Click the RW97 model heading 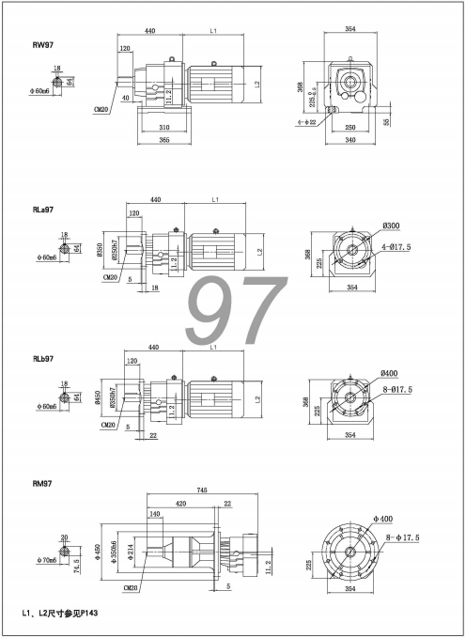pyautogui.click(x=41, y=43)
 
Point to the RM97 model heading pyautogui.click(x=41, y=487)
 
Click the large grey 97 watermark pyautogui.click(x=236, y=310)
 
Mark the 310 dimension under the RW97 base pyautogui.click(x=164, y=127)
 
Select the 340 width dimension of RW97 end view pyautogui.click(x=349, y=142)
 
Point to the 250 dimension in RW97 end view pyautogui.click(x=350, y=127)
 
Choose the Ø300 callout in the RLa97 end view pyautogui.click(x=391, y=226)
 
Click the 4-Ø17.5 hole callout pyautogui.click(x=396, y=246)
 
